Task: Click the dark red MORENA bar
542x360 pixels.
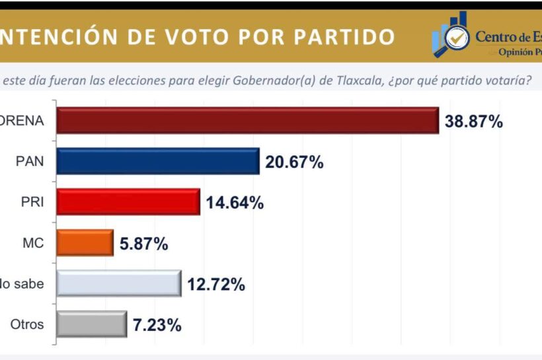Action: [x=248, y=121]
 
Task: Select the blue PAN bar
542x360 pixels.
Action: [x=158, y=161]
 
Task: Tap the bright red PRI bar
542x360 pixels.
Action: [x=128, y=202]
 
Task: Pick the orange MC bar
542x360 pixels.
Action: [x=85, y=243]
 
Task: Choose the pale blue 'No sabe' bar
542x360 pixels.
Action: [x=119, y=283]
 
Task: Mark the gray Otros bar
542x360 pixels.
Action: [x=92, y=324]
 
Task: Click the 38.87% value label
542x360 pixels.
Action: [x=473, y=122]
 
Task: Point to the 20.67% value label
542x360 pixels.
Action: [x=294, y=162]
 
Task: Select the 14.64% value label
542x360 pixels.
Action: [x=235, y=203]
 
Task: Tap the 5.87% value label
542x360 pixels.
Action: [x=143, y=244]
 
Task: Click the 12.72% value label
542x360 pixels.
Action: [x=216, y=285]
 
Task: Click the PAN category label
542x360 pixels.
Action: [x=32, y=162]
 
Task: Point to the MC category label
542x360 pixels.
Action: [x=34, y=243]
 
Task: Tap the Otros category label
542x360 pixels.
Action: [x=28, y=324]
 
